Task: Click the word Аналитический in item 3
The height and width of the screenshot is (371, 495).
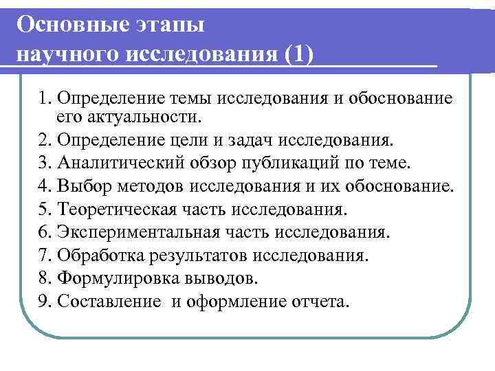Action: pos(114,164)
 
